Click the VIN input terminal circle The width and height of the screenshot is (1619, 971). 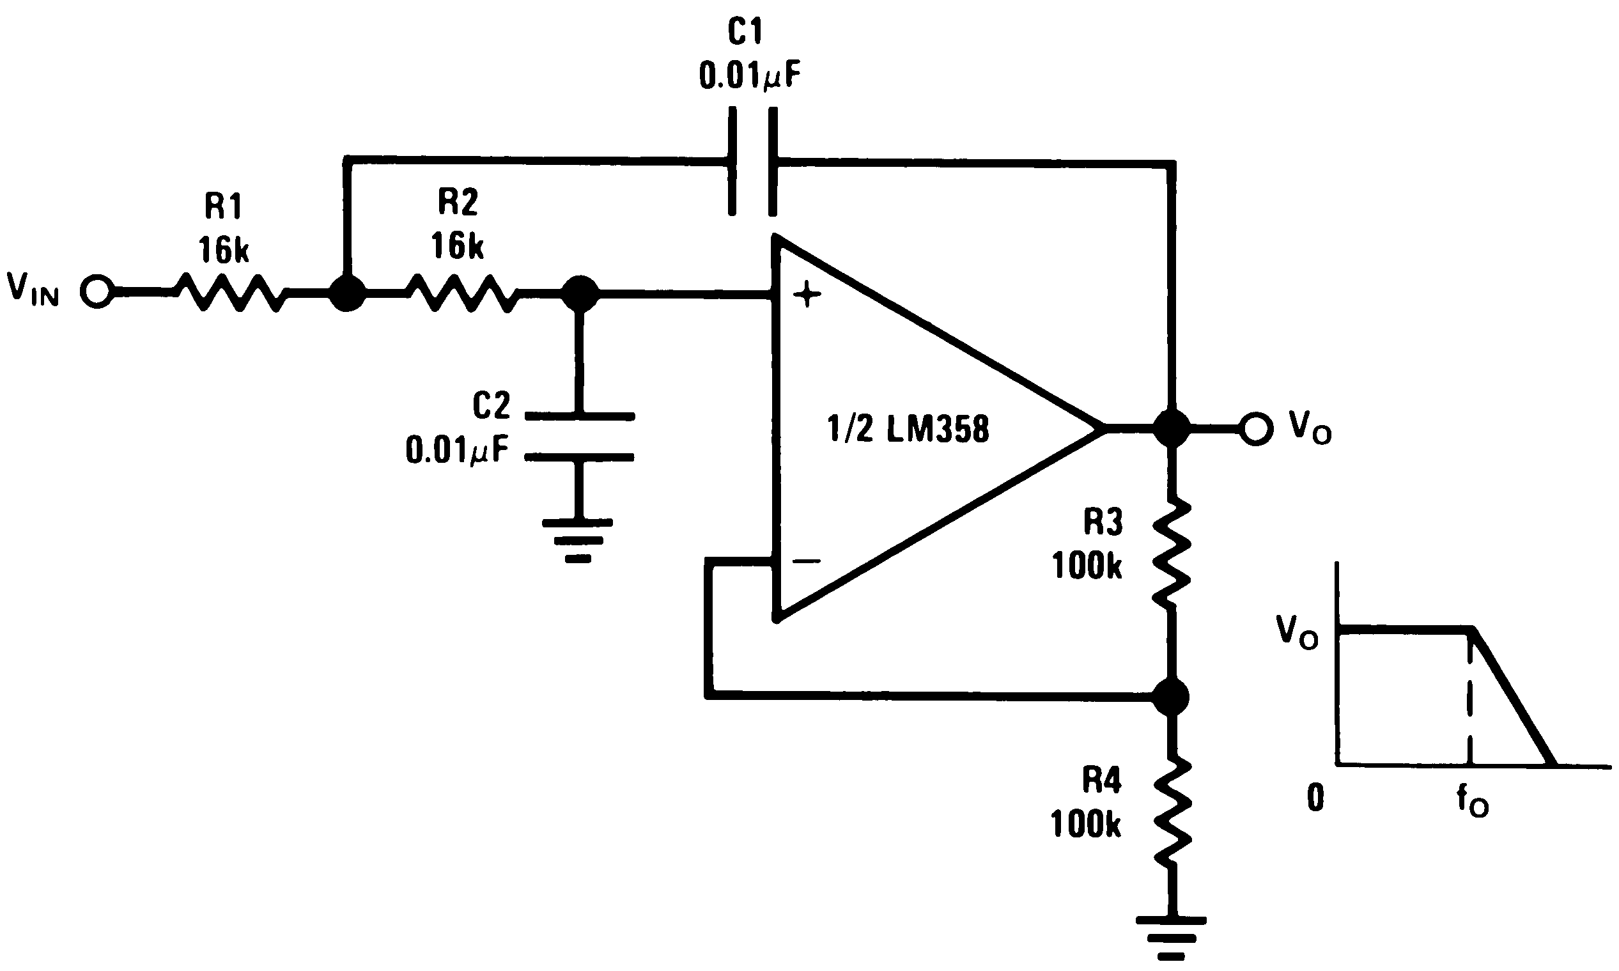click(x=97, y=292)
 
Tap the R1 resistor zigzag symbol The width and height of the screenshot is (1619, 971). click(x=230, y=293)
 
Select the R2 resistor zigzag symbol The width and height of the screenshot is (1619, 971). click(x=463, y=293)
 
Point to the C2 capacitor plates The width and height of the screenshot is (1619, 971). click(x=579, y=437)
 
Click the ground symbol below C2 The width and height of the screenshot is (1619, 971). click(x=578, y=540)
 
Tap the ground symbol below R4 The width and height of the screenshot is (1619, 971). click(x=1171, y=938)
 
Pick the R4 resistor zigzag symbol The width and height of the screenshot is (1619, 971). click(x=1171, y=811)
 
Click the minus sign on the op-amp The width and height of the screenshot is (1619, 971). click(x=807, y=561)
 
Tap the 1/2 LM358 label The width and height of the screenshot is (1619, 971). click(x=908, y=430)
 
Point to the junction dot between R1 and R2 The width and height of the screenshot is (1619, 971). click(x=346, y=293)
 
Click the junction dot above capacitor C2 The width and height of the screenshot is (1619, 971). click(x=580, y=294)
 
